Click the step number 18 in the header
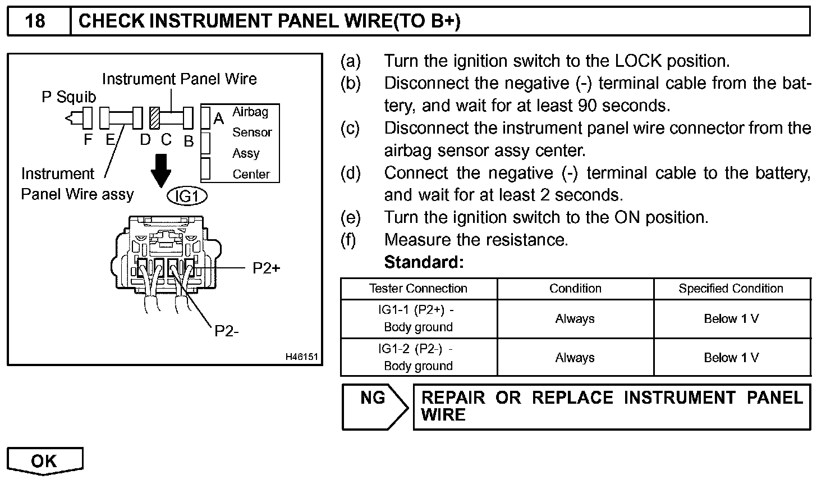click(x=35, y=21)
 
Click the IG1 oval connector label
click(x=187, y=197)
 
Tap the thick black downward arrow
click(x=162, y=170)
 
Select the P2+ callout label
click(x=266, y=268)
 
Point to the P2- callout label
click(x=227, y=331)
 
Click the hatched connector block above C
click(x=155, y=118)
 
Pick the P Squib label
click(x=68, y=97)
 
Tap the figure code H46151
click(x=301, y=357)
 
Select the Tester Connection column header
click(x=418, y=289)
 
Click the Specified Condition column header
click(x=731, y=289)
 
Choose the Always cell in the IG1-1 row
click(x=575, y=319)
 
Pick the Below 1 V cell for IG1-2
click(x=731, y=358)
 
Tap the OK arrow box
click(x=44, y=461)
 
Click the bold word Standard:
click(x=424, y=262)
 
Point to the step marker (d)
click(x=351, y=173)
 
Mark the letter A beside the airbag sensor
click(x=219, y=118)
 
